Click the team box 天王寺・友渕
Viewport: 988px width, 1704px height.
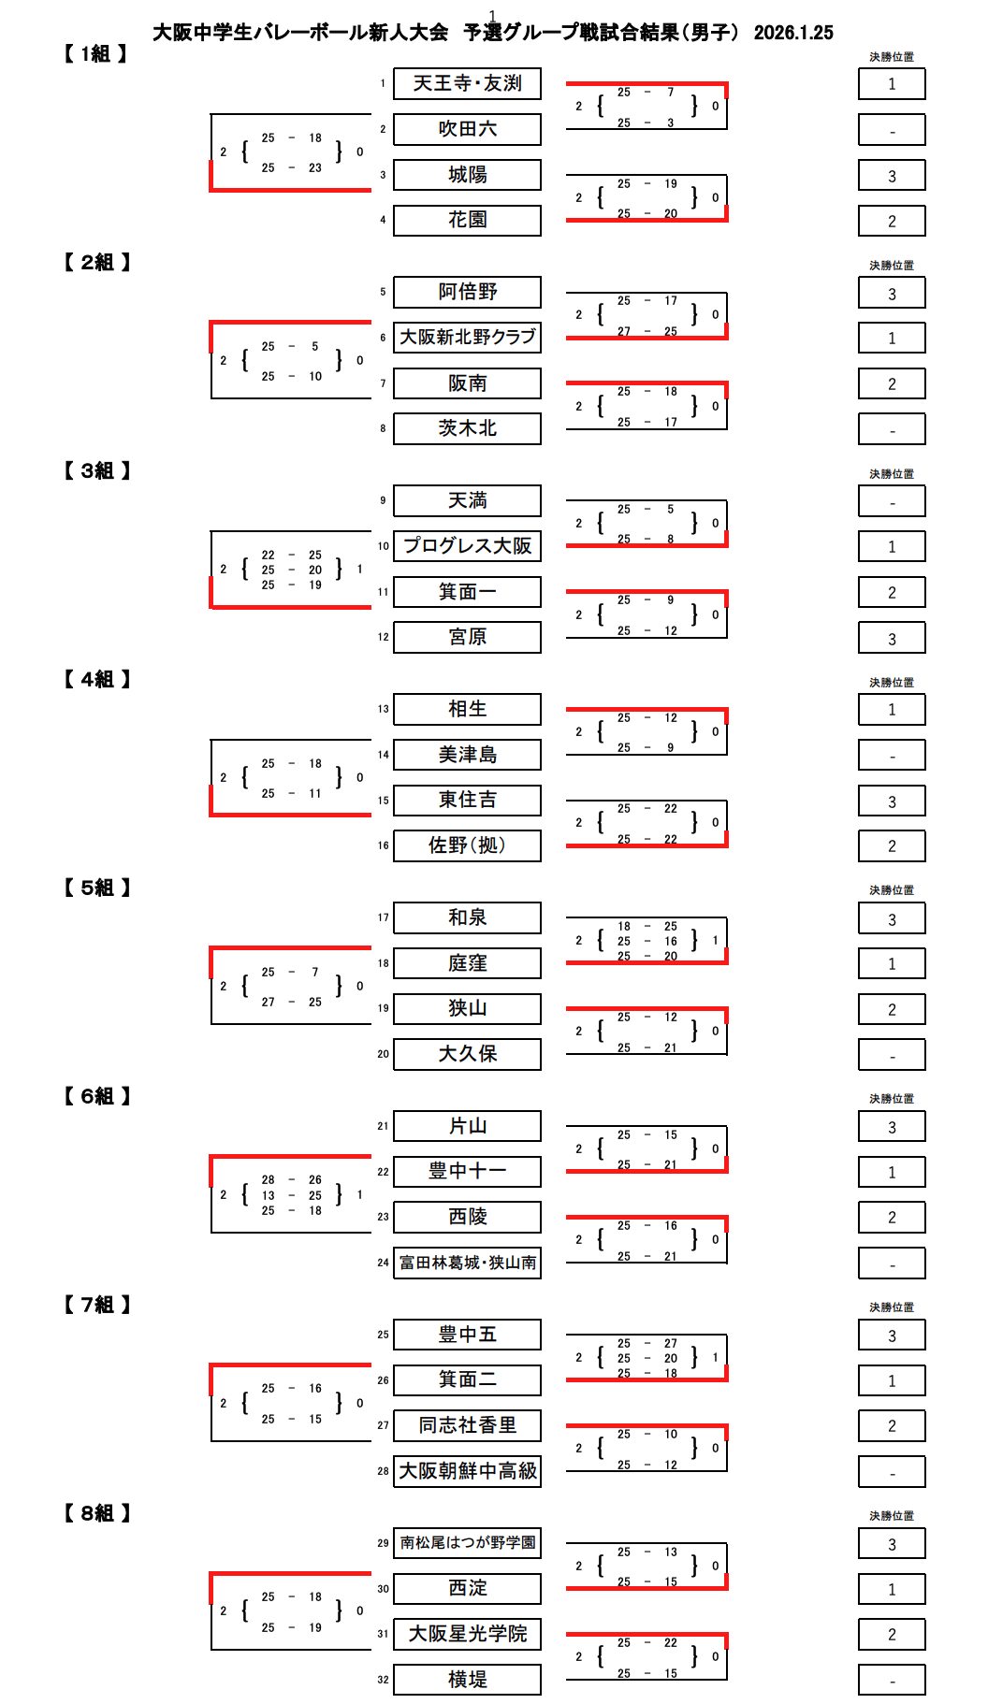(x=467, y=83)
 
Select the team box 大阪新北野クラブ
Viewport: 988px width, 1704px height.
(x=467, y=337)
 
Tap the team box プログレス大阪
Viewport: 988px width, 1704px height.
(x=467, y=545)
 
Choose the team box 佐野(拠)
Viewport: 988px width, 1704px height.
(x=467, y=845)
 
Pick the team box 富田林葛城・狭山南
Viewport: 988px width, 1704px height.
(x=467, y=1263)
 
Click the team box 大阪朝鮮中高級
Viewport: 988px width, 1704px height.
(x=467, y=1471)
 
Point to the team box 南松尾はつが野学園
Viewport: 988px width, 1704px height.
(x=467, y=1542)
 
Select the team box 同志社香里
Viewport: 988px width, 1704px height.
(x=467, y=1425)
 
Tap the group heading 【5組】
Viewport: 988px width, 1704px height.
(x=96, y=888)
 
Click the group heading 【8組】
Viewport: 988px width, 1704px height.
(x=96, y=1513)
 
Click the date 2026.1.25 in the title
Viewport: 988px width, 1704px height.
(x=792, y=33)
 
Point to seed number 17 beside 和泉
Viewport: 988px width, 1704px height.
(x=383, y=917)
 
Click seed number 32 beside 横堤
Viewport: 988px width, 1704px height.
(x=383, y=1680)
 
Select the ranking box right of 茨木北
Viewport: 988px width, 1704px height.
(x=892, y=429)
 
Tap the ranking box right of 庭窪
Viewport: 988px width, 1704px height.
(x=892, y=963)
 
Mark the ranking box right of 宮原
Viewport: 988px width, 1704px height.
(x=892, y=638)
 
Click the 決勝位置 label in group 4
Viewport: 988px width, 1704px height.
(x=891, y=683)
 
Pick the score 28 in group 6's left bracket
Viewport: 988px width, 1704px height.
(x=269, y=1180)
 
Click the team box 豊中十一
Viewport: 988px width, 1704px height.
(x=467, y=1171)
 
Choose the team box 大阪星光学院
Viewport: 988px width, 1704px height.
(x=467, y=1634)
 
